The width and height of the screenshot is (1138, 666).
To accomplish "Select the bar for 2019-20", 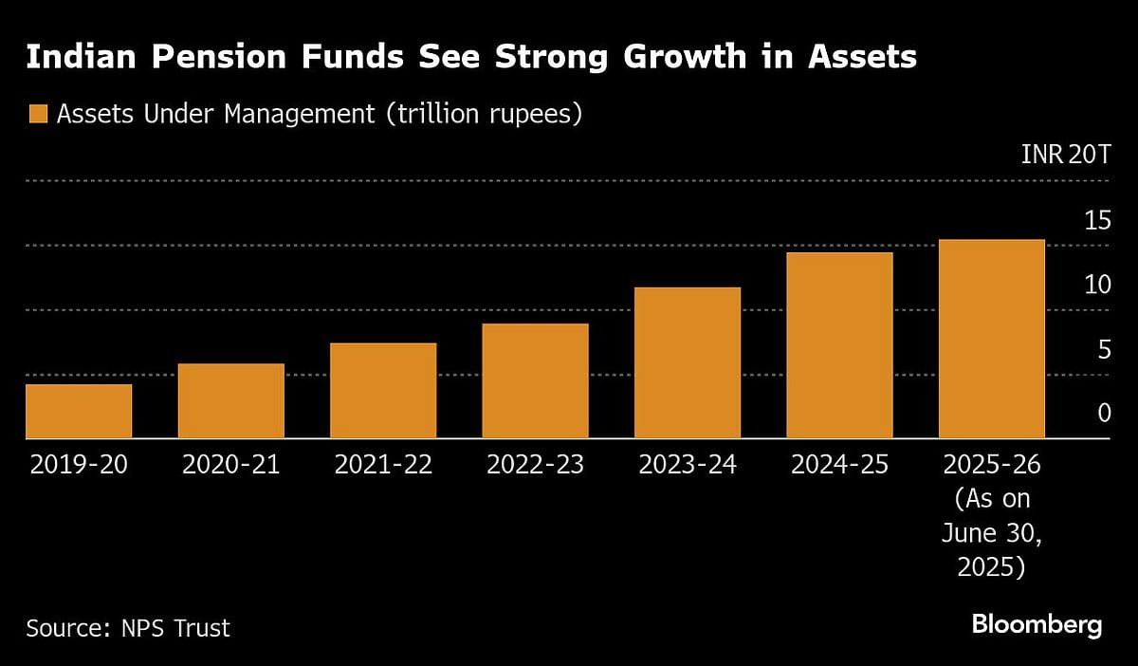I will click(79, 411).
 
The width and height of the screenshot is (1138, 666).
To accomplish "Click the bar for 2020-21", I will click(230, 400).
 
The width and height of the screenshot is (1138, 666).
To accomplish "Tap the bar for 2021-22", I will click(383, 390).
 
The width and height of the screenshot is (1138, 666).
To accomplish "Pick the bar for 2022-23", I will click(535, 380).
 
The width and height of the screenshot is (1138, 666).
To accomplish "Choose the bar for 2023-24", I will click(688, 362).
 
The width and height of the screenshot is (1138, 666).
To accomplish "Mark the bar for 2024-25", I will click(839, 345).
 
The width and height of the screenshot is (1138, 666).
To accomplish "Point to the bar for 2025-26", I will click(991, 339).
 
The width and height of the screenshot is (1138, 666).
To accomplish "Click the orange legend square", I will click(38, 115).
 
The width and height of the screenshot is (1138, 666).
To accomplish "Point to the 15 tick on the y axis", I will click(1096, 220).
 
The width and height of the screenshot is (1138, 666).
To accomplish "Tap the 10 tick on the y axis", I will click(1096, 285).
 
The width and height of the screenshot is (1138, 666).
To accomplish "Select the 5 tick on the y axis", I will click(1103, 349).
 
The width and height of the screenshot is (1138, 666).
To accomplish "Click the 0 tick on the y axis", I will click(1103, 414).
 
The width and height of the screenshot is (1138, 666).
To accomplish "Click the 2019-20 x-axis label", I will click(79, 465).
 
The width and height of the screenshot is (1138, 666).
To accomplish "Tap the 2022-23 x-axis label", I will click(535, 465).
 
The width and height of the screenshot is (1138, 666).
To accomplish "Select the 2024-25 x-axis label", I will click(839, 465).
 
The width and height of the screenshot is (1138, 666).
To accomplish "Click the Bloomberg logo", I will click(1037, 625).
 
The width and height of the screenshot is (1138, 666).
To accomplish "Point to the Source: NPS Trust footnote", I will click(128, 628).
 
